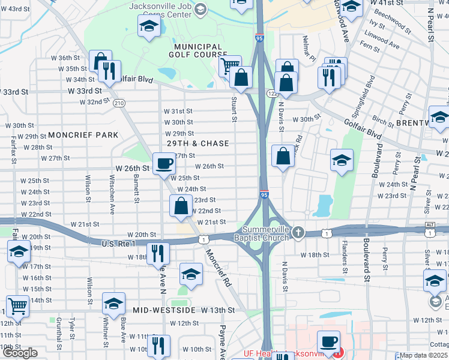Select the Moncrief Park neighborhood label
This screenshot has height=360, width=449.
point(83,135)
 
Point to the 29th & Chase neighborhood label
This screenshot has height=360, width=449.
point(198,143)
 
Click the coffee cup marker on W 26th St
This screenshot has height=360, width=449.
point(164,163)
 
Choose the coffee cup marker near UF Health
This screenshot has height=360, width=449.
point(328,341)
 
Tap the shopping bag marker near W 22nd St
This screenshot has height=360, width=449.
point(181,206)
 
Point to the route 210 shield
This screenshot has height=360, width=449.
point(119,103)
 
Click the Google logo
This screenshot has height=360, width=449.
point(20,353)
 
